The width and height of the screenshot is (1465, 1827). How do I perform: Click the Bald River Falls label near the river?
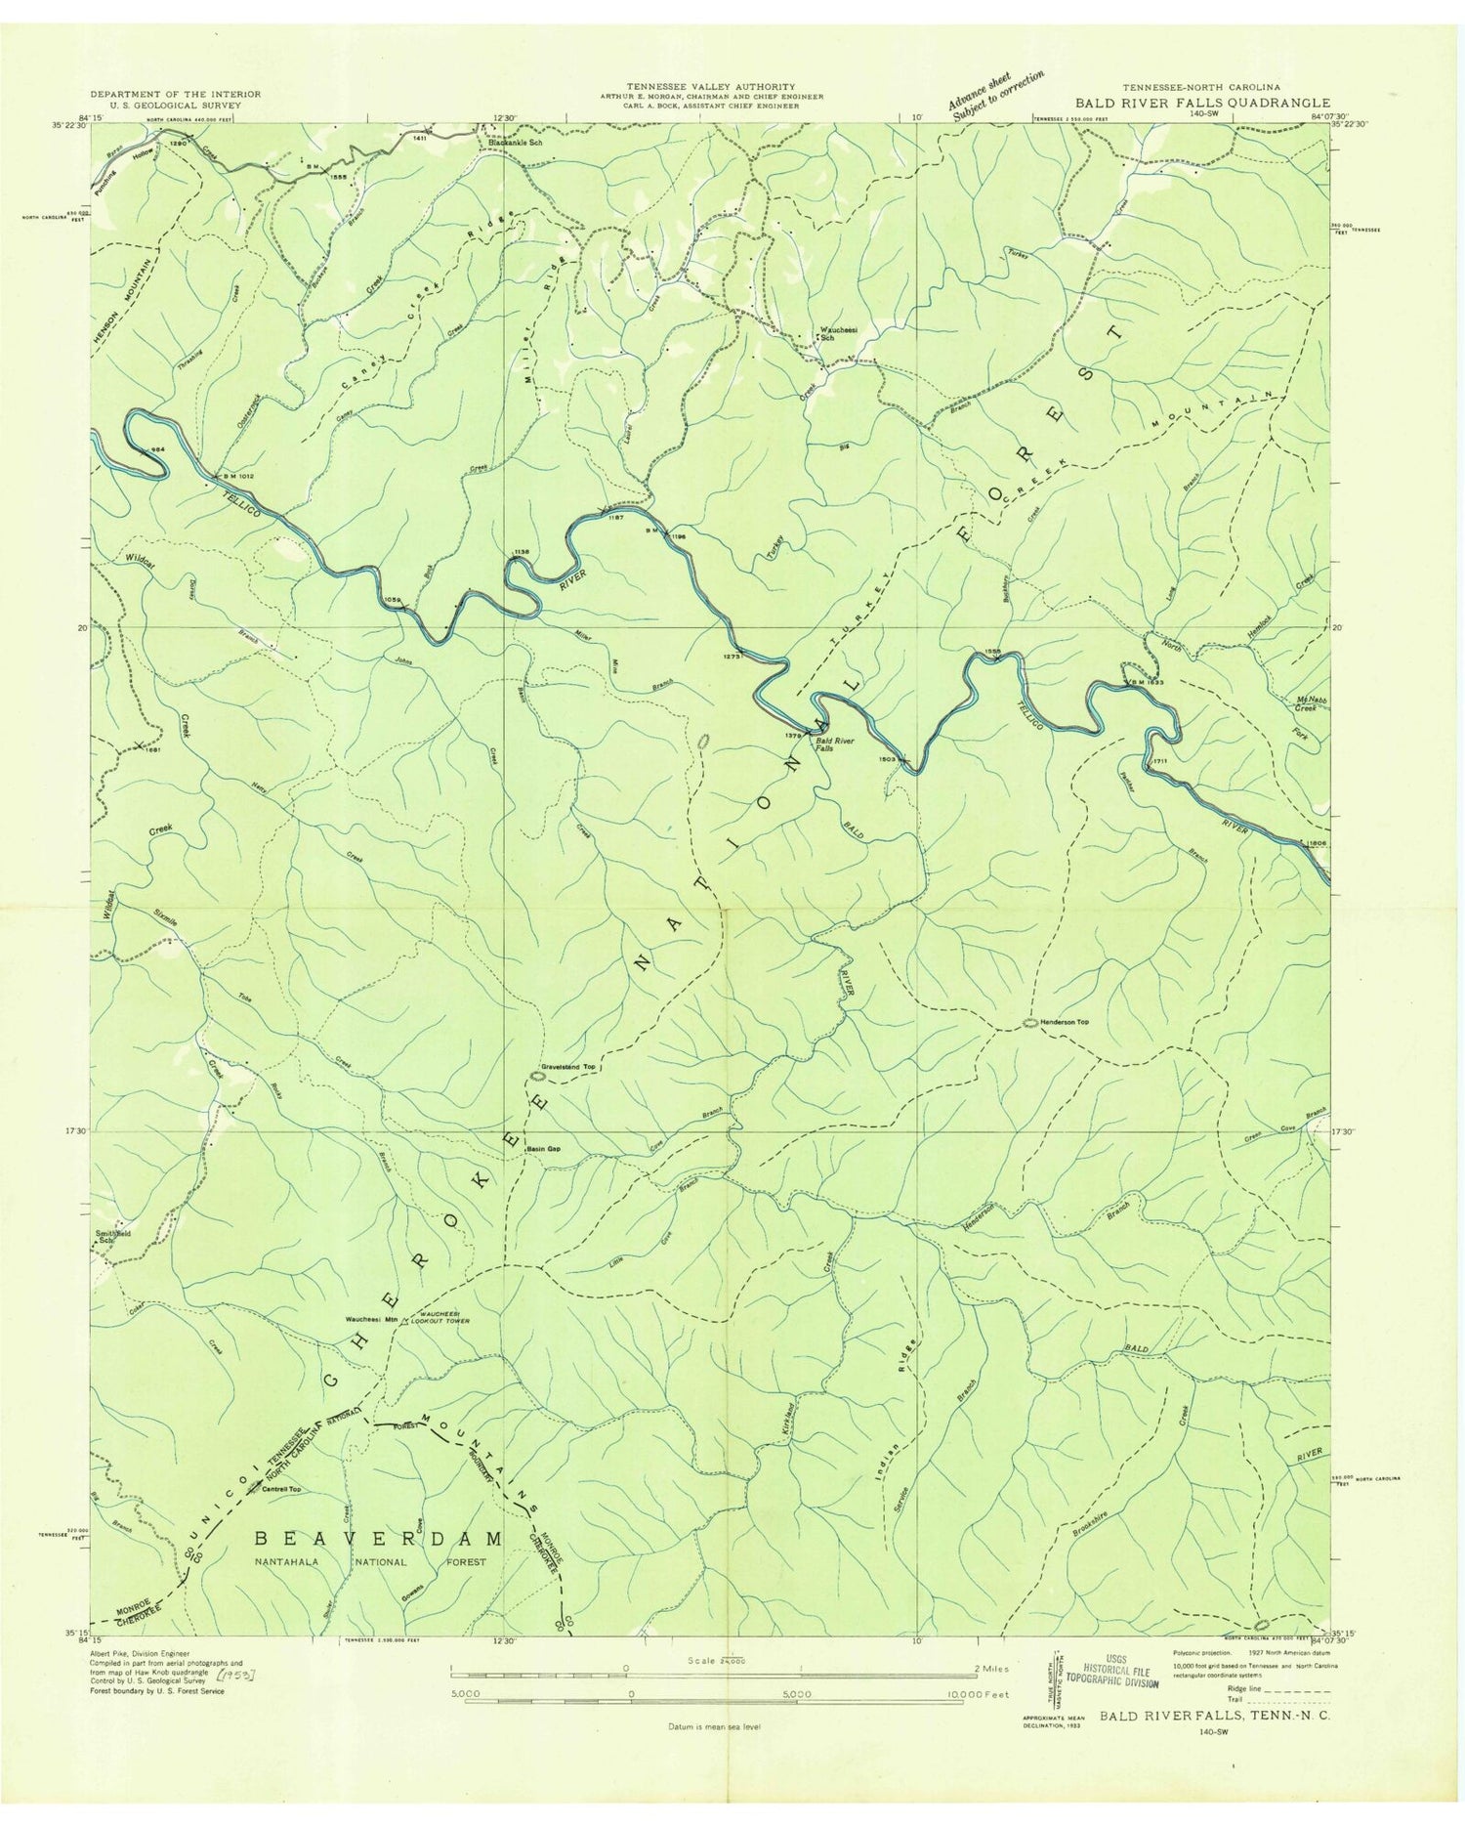(837, 744)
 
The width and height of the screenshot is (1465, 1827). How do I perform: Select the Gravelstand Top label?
(569, 1068)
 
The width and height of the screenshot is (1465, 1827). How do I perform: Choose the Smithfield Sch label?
(112, 1236)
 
